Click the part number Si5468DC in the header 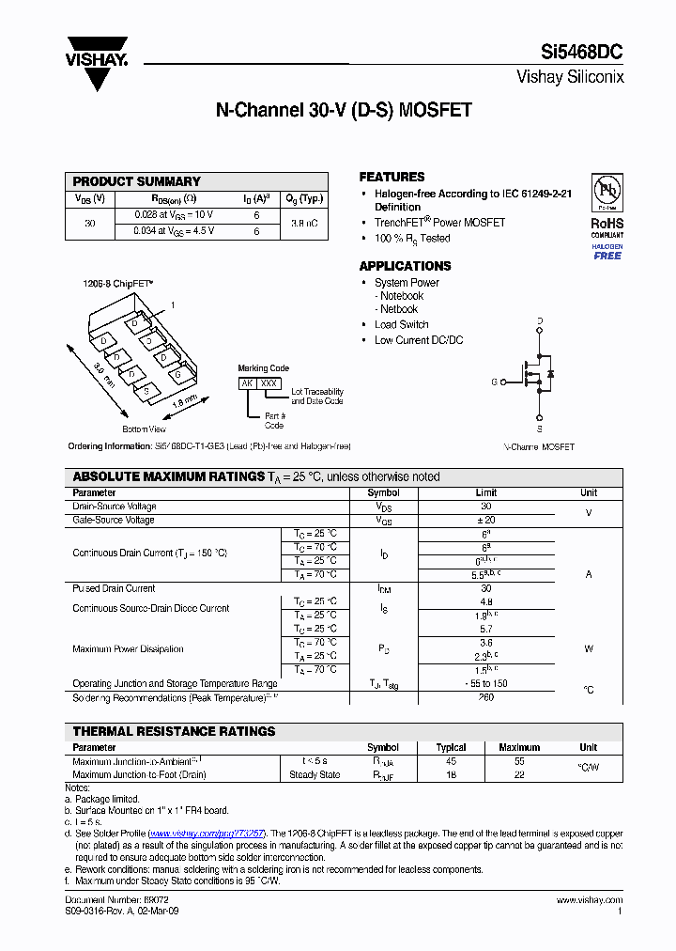(x=581, y=53)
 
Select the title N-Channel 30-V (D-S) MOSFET (x=344, y=110)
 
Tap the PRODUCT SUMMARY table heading (x=137, y=181)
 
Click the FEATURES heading (x=392, y=177)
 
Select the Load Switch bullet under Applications (x=401, y=324)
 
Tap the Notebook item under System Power (x=401, y=296)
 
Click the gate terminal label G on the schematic (x=494, y=382)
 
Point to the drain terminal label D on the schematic (x=540, y=321)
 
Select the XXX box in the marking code (x=269, y=383)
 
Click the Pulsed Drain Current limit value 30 (x=486, y=588)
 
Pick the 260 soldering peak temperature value (x=486, y=698)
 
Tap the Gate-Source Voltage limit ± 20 (x=486, y=520)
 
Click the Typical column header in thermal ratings (x=452, y=747)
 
